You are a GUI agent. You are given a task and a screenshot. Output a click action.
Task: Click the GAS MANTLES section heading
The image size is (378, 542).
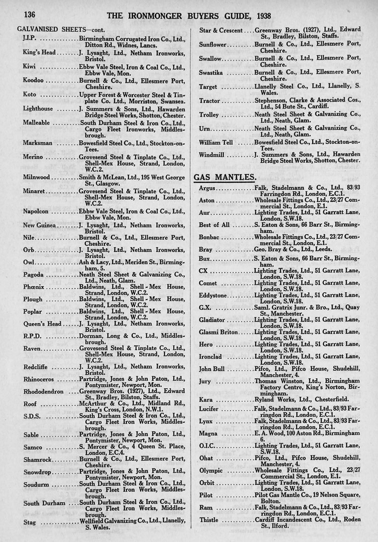[x=225, y=177]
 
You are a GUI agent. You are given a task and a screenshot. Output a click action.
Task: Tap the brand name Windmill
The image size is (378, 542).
[x=213, y=155]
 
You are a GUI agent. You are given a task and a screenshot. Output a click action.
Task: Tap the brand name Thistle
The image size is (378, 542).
[x=209, y=520]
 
